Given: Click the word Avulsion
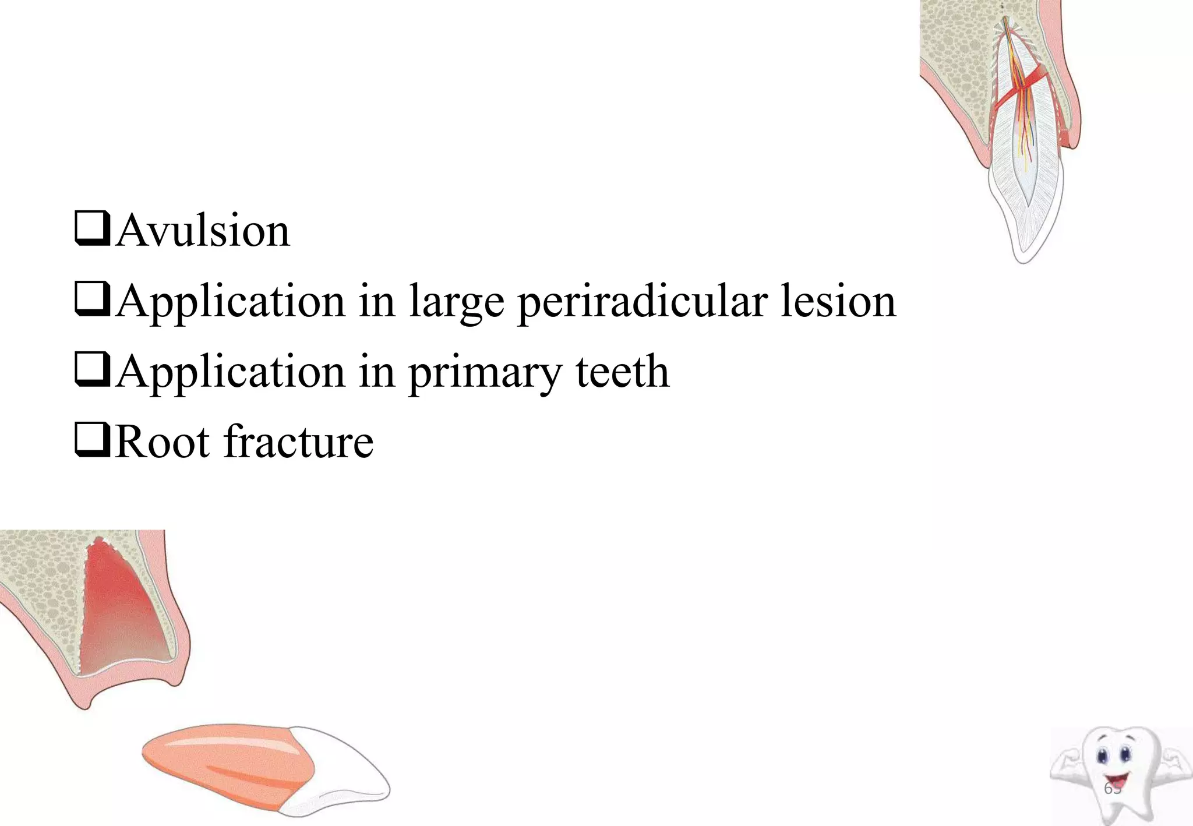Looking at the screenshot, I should [202, 231].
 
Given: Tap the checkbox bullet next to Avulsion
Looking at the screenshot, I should [92, 229].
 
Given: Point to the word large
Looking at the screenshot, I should [456, 303].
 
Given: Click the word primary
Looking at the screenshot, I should [485, 373].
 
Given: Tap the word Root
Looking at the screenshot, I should [162, 442].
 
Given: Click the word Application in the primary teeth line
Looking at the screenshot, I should [230, 373].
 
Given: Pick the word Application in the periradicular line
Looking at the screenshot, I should [230, 302].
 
